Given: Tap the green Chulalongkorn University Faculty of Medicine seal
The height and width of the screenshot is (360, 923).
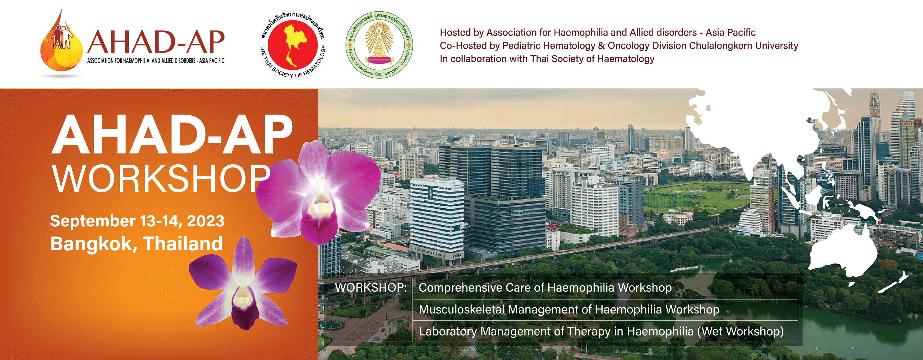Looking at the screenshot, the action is [379, 45].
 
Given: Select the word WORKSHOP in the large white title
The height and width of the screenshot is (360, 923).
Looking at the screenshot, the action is [161, 178].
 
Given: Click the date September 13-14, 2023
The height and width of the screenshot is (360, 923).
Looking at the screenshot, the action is [137, 221].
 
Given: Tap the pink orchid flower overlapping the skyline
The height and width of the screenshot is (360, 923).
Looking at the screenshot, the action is [318, 192].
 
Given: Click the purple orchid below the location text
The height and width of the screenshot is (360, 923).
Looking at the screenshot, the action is [243, 283].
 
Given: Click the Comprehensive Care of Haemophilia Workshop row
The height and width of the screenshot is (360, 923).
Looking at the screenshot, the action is [545, 288].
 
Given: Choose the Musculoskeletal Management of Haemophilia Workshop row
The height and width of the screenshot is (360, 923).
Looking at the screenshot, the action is [569, 310].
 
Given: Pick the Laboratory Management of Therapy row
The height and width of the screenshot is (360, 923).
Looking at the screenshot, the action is [601, 332].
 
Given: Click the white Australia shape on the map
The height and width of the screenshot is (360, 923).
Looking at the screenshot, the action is [842, 251].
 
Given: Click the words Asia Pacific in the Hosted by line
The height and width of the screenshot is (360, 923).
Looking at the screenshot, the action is [731, 33].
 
